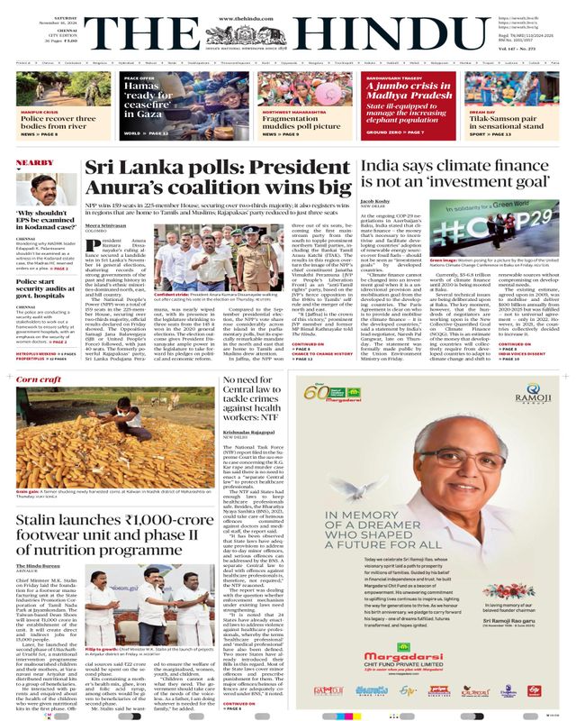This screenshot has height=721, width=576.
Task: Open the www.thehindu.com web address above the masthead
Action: [287, 6]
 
